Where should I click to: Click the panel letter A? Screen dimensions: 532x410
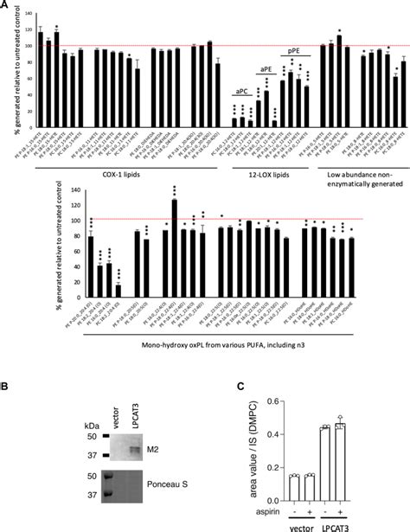point(6,5)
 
